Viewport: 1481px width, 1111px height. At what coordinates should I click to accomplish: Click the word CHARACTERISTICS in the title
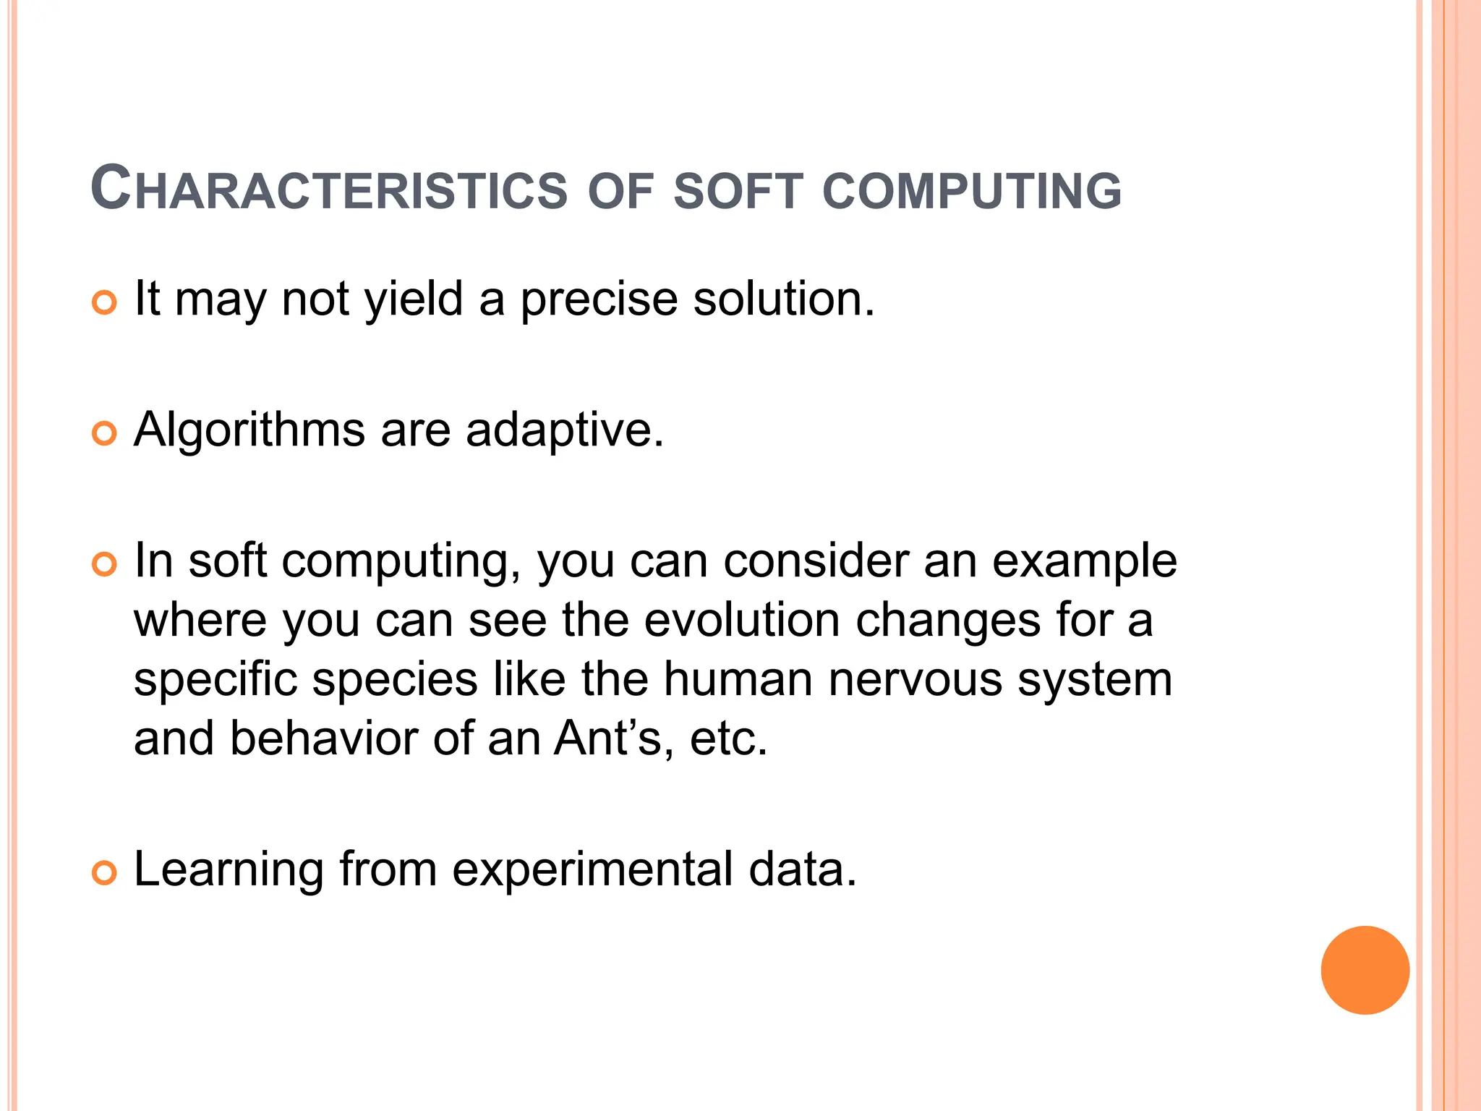coord(329,190)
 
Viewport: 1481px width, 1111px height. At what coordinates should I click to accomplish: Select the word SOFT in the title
coord(738,191)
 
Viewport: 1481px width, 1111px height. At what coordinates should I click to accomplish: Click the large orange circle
coord(1365,970)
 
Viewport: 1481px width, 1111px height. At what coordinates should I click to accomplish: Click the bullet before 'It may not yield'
coord(105,302)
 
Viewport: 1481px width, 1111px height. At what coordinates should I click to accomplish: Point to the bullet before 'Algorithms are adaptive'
coord(105,434)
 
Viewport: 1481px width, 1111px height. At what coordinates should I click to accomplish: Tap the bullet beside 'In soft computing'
coord(105,564)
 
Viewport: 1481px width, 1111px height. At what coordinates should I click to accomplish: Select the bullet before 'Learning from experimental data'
coord(105,873)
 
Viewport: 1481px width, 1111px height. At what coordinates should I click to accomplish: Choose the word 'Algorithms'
coord(249,430)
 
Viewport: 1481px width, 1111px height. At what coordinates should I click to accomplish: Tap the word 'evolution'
coord(742,620)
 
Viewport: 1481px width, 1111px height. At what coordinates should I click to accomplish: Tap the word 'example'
coord(1085,562)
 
